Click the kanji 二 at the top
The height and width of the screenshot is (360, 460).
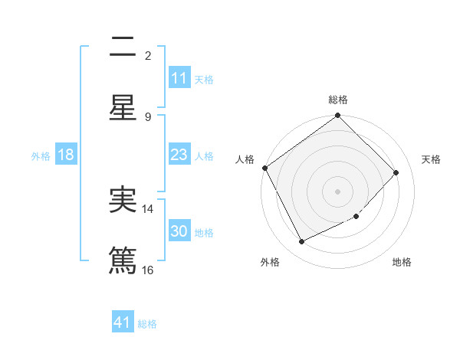pyautogui.click(x=123, y=47)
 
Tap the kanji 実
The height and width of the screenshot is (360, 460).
pyautogui.click(x=123, y=200)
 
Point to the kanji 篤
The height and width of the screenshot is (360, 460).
pyautogui.click(x=123, y=259)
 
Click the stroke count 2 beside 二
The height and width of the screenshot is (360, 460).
pyautogui.click(x=148, y=55)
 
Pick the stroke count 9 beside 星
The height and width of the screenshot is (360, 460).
pyautogui.click(x=148, y=116)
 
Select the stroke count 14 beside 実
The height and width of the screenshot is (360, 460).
pyautogui.click(x=149, y=208)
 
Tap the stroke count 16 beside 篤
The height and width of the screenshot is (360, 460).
pyautogui.click(x=148, y=270)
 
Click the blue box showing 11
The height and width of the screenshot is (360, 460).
pyautogui.click(x=179, y=78)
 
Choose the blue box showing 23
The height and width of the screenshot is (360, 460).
pyautogui.click(x=179, y=155)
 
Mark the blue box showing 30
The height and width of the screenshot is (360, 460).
pyautogui.click(x=179, y=231)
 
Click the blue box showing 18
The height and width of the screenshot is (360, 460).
pyautogui.click(x=66, y=155)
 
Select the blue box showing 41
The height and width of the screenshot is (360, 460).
pyautogui.click(x=123, y=322)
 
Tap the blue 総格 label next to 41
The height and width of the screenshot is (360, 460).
pyautogui.click(x=147, y=324)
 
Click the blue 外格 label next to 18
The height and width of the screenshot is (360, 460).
pyautogui.click(x=41, y=156)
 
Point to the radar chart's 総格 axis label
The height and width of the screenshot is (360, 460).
pyautogui.click(x=338, y=100)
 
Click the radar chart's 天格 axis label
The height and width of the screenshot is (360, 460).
pyautogui.click(x=431, y=159)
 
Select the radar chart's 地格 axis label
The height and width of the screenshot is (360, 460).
pyautogui.click(x=402, y=262)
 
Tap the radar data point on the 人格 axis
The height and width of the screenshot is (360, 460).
pyautogui.click(x=265, y=168)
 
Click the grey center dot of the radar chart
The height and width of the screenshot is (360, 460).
pyautogui.click(x=338, y=191)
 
